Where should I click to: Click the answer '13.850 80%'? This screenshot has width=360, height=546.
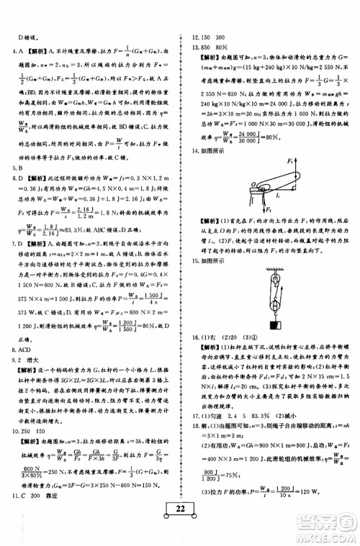[x=208, y=48]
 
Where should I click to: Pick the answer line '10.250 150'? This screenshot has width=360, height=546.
[x=28, y=440]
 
